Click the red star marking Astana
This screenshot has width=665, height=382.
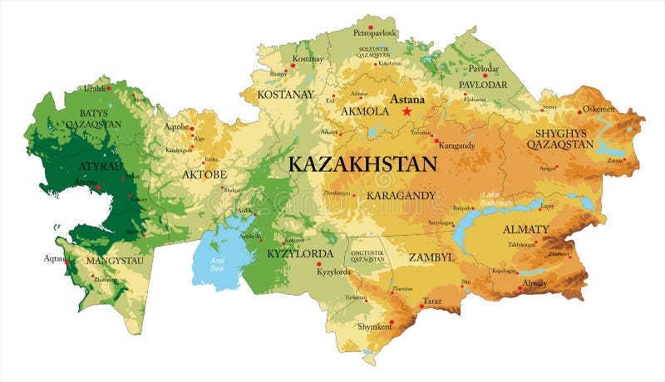pyautogui.click(x=407, y=110)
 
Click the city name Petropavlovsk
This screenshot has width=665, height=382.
pyautogui.click(x=375, y=33)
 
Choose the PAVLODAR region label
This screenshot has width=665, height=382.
pyautogui.click(x=483, y=85)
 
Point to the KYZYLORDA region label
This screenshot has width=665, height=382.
pyautogui.click(x=300, y=253)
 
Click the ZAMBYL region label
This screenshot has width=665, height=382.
pyautogui.click(x=431, y=257)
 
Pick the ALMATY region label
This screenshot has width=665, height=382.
pyautogui.click(x=525, y=229)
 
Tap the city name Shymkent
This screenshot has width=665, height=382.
pyautogui.click(x=373, y=326)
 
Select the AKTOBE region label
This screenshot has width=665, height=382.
pyautogui.click(x=204, y=174)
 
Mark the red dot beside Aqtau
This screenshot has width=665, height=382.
pyautogui.click(x=67, y=260)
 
